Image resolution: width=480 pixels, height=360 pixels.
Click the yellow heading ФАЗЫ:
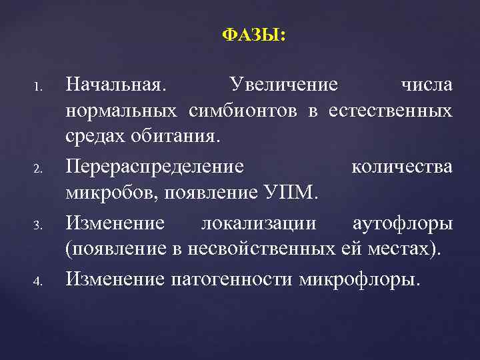pyautogui.click(x=254, y=35)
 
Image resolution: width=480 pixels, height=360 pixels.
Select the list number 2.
pyautogui.click(x=39, y=168)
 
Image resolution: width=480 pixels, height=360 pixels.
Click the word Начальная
pyautogui.click(x=117, y=85)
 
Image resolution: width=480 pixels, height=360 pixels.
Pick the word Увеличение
pyautogui.click(x=283, y=85)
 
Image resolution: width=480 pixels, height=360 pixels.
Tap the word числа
pyautogui.click(x=427, y=85)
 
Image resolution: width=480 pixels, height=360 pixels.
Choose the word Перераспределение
pyautogui.click(x=154, y=167)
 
